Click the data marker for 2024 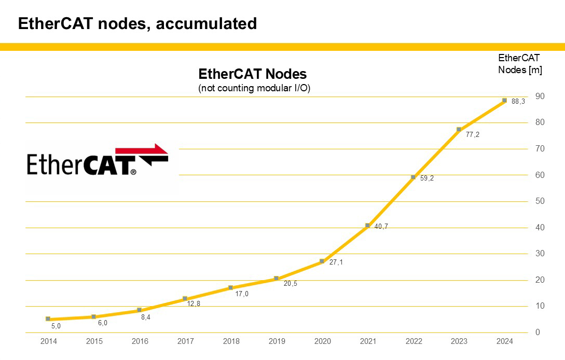[x=504, y=100]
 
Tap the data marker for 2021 [x=367, y=225]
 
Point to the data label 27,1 [x=336, y=262]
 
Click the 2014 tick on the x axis [x=48, y=341]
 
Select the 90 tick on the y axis [x=540, y=96]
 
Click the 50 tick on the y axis [x=540, y=201]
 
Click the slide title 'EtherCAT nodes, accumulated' [x=137, y=24]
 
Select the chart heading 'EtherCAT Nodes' [x=253, y=74]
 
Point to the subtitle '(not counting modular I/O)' [x=254, y=88]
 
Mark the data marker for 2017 [x=185, y=298]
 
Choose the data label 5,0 [x=56, y=326]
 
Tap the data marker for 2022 [x=413, y=177]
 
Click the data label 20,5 [x=291, y=284]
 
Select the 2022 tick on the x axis [x=414, y=341]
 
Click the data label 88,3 [x=518, y=102]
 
